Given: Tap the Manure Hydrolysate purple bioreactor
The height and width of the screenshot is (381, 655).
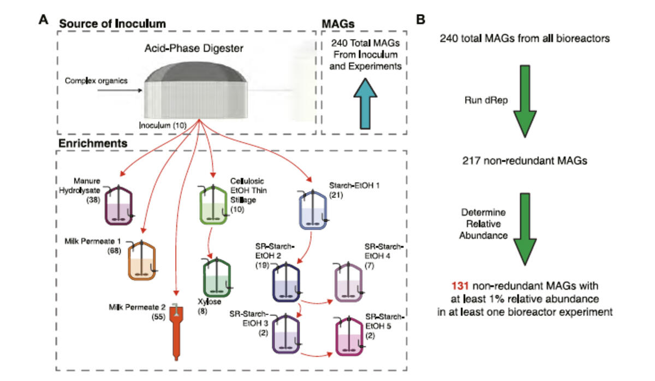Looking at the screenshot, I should point(119,207).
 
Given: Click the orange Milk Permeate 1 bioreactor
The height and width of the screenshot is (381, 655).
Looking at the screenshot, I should point(142,262).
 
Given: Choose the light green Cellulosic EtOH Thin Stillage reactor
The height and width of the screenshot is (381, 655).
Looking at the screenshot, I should point(213,207).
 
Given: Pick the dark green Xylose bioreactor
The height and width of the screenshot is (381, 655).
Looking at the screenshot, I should point(217,279).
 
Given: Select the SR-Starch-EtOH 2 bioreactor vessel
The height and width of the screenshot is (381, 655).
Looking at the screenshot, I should point(287,282).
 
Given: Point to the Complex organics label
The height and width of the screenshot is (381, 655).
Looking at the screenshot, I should point(96,81).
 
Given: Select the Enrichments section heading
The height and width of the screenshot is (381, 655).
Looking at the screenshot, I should point(93,143).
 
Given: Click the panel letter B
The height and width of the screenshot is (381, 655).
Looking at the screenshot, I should point(420,20).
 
